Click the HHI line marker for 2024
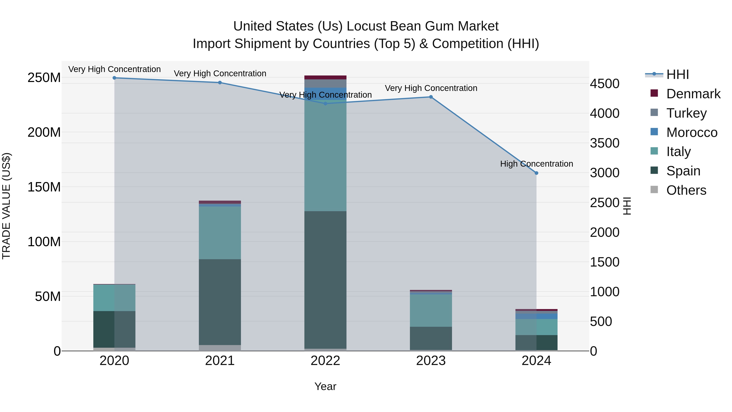536,173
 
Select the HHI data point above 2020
114,78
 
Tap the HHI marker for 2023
431,97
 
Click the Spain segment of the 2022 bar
325,280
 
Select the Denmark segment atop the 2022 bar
325,77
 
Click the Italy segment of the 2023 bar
431,310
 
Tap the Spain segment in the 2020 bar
114,329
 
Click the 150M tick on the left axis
44,187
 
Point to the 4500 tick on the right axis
605,84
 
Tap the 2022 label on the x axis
325,361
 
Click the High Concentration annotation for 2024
536,164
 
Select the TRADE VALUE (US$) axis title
6,206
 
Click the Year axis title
325,386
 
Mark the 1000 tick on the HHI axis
605,292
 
